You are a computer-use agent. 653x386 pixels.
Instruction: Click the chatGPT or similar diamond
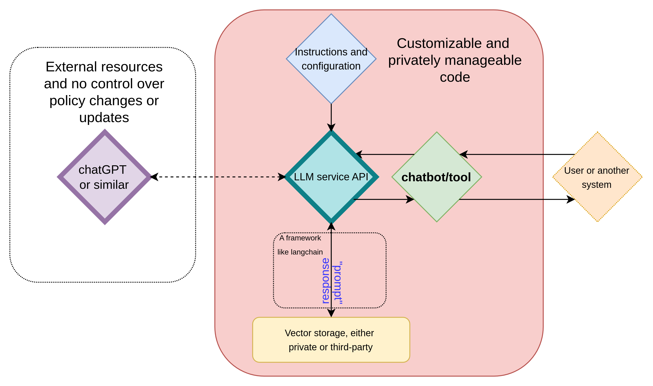point(104,177)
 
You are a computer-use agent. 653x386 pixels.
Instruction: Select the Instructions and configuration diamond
point(331,59)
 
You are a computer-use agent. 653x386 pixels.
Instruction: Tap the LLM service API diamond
point(331,177)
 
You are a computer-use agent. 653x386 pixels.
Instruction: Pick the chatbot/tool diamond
point(437,177)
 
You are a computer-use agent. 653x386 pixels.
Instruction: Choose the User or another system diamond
point(597,177)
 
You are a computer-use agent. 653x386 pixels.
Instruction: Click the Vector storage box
point(331,340)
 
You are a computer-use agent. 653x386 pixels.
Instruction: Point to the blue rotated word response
point(325,281)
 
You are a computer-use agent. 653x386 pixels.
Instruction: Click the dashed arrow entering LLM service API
point(250,177)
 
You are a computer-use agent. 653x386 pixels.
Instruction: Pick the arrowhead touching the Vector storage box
point(331,313)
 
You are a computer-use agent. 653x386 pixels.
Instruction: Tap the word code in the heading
point(455,77)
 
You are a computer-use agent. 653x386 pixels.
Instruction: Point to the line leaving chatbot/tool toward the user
point(501,200)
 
